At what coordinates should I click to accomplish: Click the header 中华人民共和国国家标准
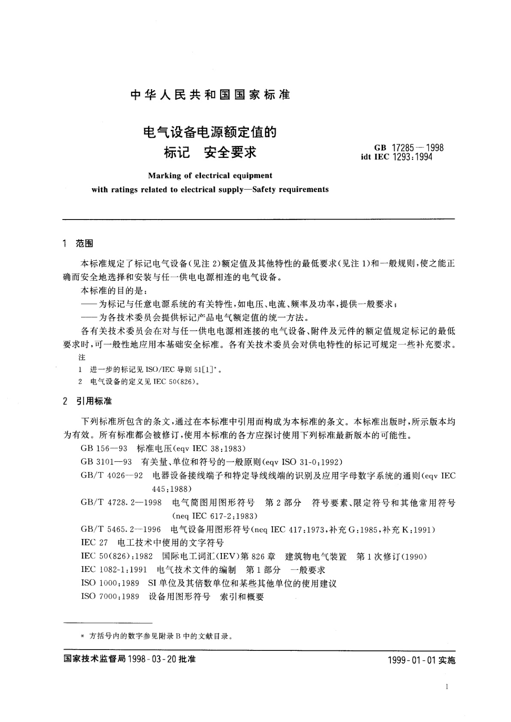coord(209,95)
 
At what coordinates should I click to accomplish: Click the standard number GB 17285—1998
coord(408,148)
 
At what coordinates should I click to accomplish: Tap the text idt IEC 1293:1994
coord(397,157)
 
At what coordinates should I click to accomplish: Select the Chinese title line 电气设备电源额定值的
coord(209,132)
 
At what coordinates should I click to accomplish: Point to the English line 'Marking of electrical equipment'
coord(210,175)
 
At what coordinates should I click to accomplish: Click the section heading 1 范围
coord(77,244)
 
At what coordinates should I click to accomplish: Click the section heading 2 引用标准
coord(87,402)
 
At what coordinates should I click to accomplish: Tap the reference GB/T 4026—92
coord(112,475)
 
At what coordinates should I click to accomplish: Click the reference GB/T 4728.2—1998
coord(121,502)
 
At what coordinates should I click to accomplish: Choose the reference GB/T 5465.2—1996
coord(121,529)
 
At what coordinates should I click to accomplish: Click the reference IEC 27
coord(94,543)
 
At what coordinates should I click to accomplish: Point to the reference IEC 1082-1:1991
coord(114,570)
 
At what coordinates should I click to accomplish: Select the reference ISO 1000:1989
coord(110,584)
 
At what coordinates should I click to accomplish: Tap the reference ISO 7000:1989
coord(110,597)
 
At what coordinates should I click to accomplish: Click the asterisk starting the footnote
coord(82,637)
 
